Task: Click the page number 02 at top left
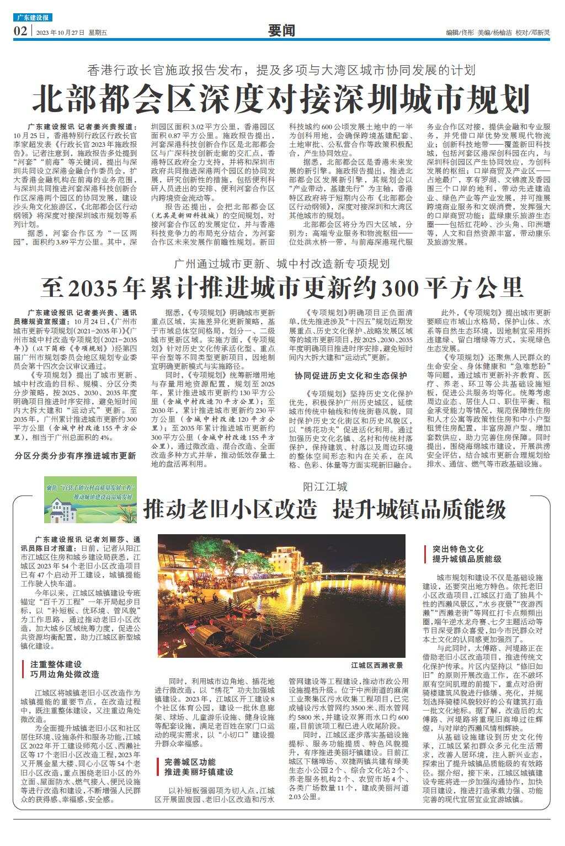(20, 31)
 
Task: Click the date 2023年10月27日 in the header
(60, 33)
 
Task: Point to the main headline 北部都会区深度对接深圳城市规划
(281, 99)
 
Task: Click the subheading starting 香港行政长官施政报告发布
(281, 71)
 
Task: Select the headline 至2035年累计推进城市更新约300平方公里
(281, 287)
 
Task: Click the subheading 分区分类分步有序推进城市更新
(76, 456)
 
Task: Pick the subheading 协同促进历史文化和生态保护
(351, 376)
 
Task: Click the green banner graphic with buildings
(91, 502)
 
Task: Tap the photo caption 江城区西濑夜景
(377, 666)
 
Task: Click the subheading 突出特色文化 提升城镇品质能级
(466, 554)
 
